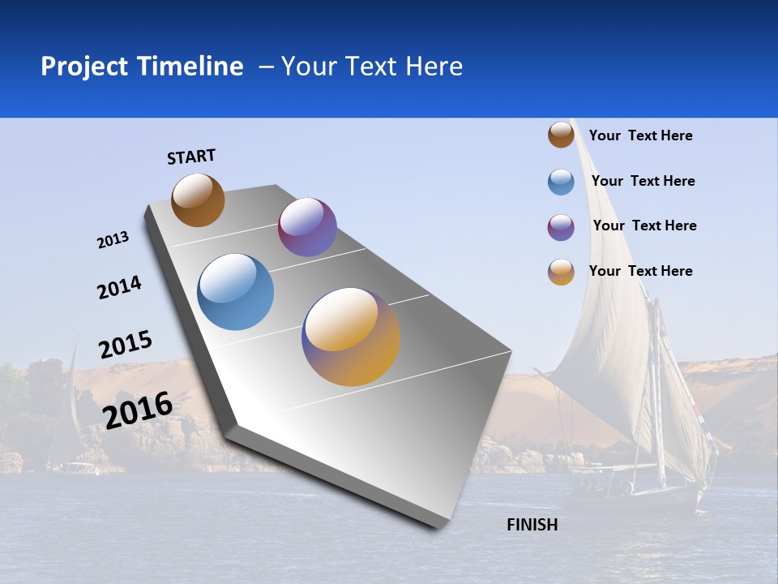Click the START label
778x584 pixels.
pos(191,157)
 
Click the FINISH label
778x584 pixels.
pos(532,525)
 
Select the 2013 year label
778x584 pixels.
pos(113,240)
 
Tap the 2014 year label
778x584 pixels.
pos(119,287)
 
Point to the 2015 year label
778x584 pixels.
pos(125,345)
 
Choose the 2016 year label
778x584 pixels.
pos(138,410)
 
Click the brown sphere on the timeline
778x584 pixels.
pos(198,200)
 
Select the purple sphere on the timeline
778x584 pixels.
pos(307,227)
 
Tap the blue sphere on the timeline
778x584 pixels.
pos(236,292)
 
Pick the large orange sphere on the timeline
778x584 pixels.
pos(351,337)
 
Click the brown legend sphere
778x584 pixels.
pos(561,135)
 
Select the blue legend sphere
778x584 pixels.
pos(561,182)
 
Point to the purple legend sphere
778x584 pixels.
pos(561,227)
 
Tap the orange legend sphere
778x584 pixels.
pos(561,272)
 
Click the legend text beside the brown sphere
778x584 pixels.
pos(640,135)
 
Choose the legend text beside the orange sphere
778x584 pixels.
pos(640,271)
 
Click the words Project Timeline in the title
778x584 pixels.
pos(142,67)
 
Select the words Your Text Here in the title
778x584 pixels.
pos(371,67)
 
